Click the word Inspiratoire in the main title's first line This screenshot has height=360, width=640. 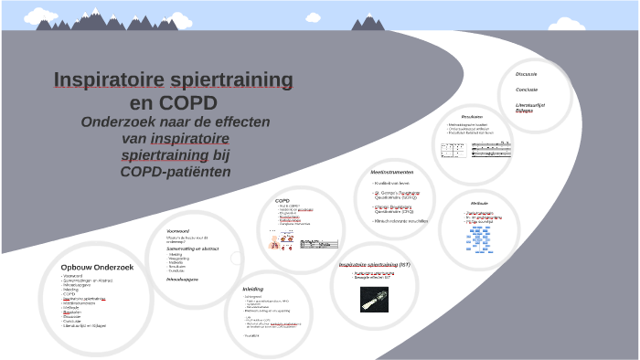click(x=108, y=79)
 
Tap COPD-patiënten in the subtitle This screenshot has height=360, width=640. click(x=175, y=172)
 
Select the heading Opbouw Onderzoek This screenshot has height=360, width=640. click(x=97, y=267)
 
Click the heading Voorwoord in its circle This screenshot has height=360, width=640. click(x=177, y=230)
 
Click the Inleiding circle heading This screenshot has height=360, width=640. click(x=253, y=289)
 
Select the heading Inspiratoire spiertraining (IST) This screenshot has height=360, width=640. click(x=375, y=264)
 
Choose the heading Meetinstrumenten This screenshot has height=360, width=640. click(x=392, y=172)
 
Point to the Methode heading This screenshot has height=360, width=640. click(x=479, y=202)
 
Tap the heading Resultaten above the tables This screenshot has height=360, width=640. click(x=472, y=116)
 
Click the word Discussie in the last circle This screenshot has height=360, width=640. click(x=527, y=73)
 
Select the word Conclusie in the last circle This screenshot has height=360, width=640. click(x=527, y=89)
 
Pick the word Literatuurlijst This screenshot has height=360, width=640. click(x=530, y=104)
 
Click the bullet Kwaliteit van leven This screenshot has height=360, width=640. click(x=395, y=183)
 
